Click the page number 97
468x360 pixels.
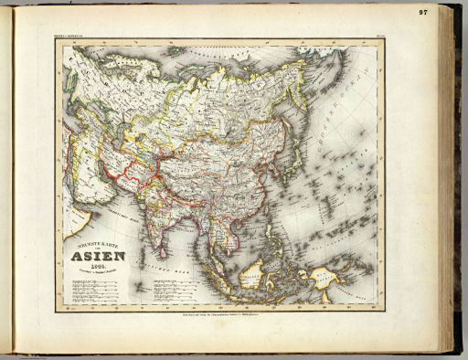(x=449, y=12)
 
